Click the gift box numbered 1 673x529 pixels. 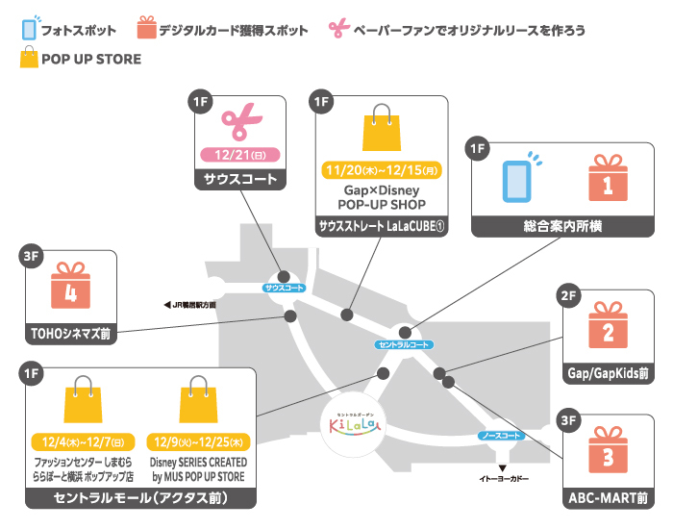(608, 179)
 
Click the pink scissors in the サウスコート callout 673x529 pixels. (240, 122)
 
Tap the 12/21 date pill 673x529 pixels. (239, 155)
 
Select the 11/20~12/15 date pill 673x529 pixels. (382, 169)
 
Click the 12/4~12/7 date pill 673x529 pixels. (83, 443)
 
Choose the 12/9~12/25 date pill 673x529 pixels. (199, 443)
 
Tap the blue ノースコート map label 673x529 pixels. (502, 436)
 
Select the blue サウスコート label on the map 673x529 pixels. (285, 288)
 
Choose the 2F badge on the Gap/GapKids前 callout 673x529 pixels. (568, 296)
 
